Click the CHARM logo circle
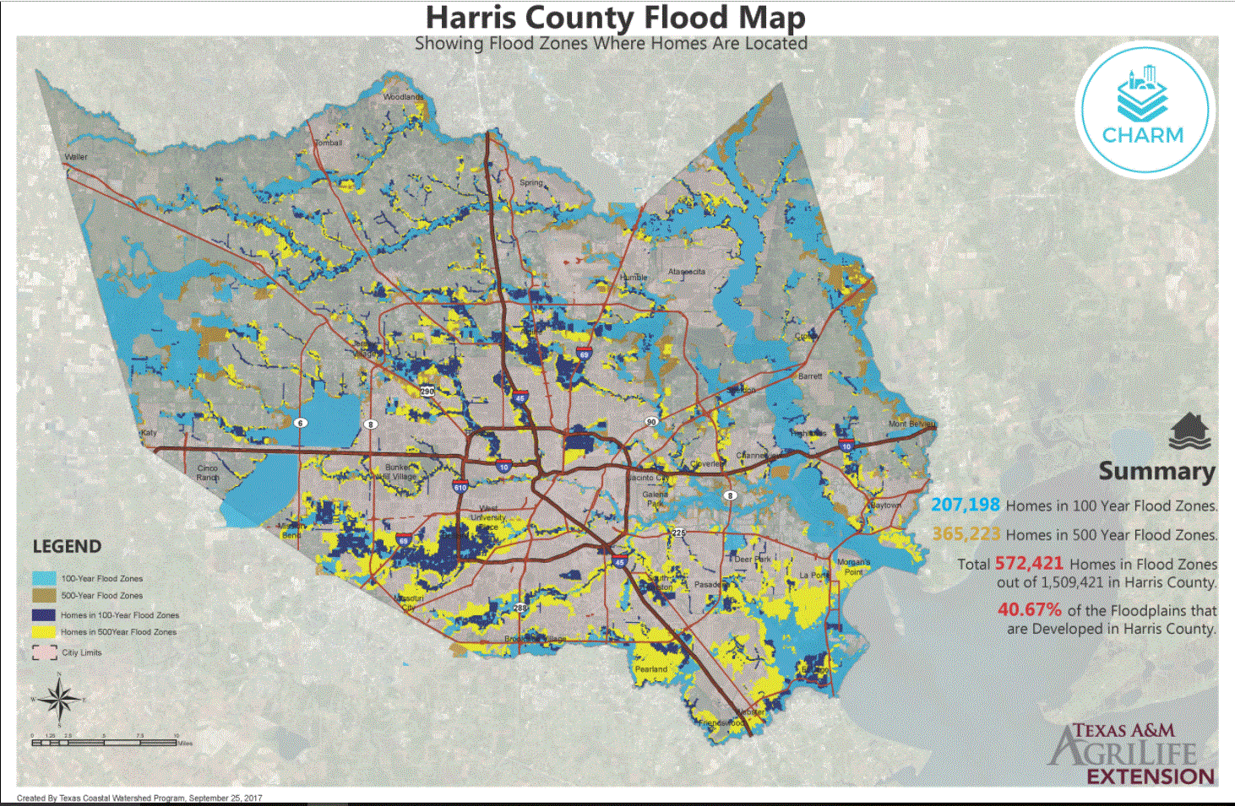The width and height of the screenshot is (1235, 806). point(1145,107)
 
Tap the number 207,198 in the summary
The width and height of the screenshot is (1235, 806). point(966,505)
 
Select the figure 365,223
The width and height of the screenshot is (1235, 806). point(966,534)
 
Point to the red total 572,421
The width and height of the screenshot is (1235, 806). point(1028,563)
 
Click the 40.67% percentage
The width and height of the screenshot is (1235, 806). point(1029,609)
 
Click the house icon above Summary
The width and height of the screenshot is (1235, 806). point(1189,430)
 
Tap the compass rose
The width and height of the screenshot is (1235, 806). point(59,699)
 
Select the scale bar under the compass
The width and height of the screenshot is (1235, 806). point(104,743)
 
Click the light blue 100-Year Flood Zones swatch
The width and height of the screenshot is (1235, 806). point(44,579)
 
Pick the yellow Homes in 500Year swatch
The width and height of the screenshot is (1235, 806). point(44,631)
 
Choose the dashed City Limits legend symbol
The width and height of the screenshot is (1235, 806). point(44,652)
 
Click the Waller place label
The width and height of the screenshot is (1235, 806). point(76,157)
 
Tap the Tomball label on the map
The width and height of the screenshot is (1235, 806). point(329,143)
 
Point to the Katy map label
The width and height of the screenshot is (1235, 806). point(149,432)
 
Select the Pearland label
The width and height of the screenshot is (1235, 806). point(651,669)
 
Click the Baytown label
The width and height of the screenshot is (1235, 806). point(886,505)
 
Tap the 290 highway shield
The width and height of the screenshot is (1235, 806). point(427,391)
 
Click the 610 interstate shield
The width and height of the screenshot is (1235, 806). point(460,487)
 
